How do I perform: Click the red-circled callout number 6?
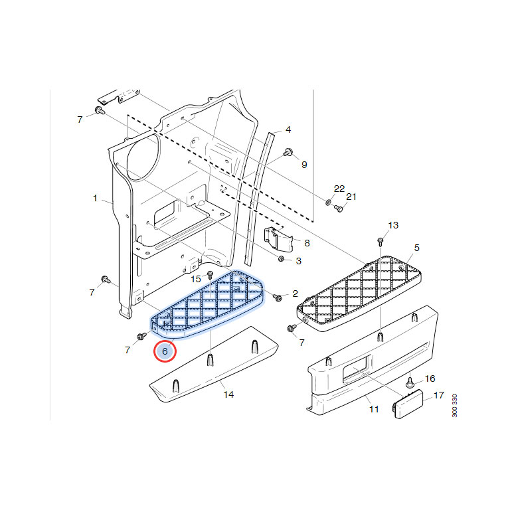tap(165, 351)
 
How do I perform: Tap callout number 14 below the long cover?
tap(228, 394)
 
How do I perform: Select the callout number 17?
tap(438, 395)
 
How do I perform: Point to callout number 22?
tap(339, 189)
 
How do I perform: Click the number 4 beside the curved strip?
tap(288, 129)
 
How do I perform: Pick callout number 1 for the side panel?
tap(95, 198)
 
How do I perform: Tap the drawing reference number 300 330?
tap(454, 406)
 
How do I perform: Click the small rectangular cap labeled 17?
tap(408, 404)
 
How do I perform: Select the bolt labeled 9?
tap(288, 152)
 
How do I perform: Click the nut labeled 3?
tap(282, 259)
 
